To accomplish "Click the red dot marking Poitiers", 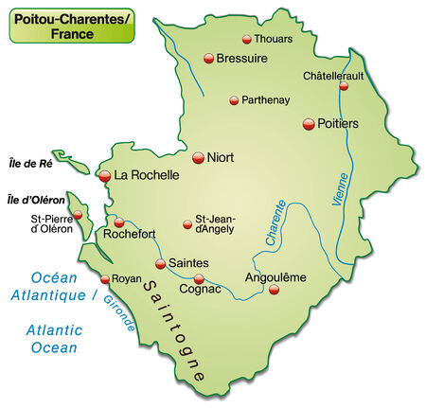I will click(309, 124).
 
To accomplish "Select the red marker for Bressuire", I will click(209, 59).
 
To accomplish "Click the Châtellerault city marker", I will click(344, 86).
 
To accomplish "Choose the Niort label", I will click(221, 157).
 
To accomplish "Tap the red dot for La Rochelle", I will click(105, 175).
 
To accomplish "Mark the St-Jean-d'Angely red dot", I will click(187, 224).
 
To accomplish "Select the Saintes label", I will click(189, 262).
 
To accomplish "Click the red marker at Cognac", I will click(199, 278).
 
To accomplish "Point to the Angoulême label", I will click(276, 277).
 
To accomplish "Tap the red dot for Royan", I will click(105, 279).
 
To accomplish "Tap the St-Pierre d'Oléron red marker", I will click(79, 215).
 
